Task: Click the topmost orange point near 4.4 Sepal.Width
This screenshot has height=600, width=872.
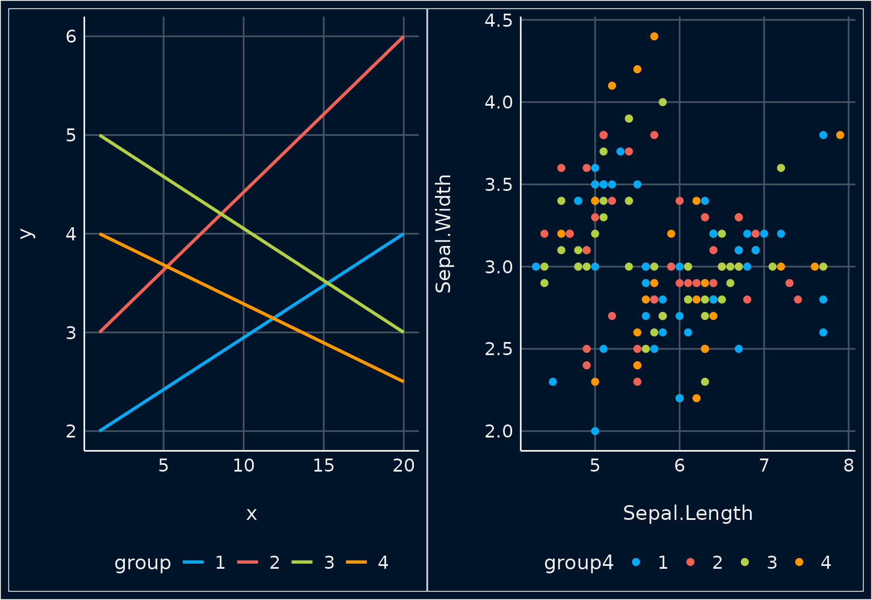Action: (x=654, y=36)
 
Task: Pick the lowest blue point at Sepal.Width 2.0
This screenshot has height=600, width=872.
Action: (x=595, y=431)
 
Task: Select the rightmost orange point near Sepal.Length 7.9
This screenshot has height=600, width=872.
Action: (x=840, y=135)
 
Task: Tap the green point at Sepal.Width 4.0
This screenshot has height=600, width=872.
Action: (x=663, y=102)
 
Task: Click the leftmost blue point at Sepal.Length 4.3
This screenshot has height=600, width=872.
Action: (x=536, y=266)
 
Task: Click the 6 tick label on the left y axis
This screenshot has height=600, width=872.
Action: (x=71, y=36)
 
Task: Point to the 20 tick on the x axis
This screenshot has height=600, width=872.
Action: (x=404, y=466)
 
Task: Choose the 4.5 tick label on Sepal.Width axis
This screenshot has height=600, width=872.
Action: (x=498, y=20)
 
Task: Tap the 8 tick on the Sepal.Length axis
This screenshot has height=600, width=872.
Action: (x=849, y=466)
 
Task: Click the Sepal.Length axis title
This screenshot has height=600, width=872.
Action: (x=687, y=513)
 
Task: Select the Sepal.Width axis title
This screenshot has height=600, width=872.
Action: (x=443, y=234)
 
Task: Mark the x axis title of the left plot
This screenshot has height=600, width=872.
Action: (x=251, y=514)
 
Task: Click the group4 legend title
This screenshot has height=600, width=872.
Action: (x=578, y=562)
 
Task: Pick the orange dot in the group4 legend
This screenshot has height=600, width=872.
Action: (x=799, y=562)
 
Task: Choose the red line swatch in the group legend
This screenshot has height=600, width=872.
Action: (x=248, y=562)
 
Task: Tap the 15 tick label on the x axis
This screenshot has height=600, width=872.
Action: (x=324, y=466)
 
